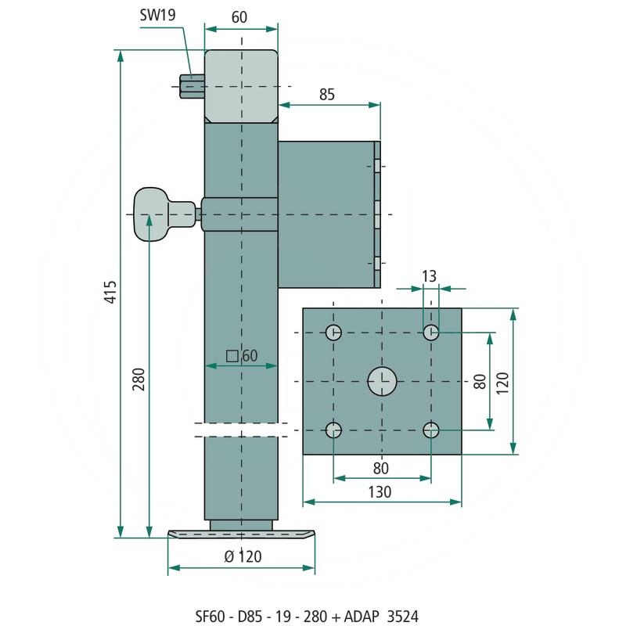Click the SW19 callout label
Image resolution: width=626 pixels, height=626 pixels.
click(158, 15)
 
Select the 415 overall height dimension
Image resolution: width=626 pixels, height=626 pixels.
click(110, 292)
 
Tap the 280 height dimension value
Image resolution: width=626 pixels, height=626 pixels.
click(139, 380)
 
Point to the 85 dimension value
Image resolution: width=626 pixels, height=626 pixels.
click(327, 95)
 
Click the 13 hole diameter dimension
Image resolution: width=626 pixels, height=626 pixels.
click(429, 276)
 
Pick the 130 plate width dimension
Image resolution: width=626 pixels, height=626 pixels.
click(380, 492)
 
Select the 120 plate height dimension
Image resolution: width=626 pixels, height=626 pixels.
click(502, 383)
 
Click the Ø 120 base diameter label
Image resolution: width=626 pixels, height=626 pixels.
click(243, 556)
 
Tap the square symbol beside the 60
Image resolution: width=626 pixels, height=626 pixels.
click(232, 356)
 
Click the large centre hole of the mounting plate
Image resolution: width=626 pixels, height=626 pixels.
click(382, 382)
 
